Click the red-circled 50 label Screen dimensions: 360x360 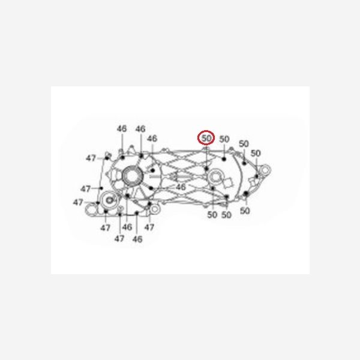(206, 138)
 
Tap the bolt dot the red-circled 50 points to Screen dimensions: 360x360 (206, 169)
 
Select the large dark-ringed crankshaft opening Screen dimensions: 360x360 (133, 176)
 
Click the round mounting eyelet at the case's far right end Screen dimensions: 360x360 (265, 170)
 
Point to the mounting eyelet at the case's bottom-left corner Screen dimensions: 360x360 (91, 209)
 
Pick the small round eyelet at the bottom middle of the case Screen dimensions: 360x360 (155, 209)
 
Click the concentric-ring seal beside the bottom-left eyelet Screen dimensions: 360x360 (110, 200)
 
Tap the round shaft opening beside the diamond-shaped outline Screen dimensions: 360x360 (216, 177)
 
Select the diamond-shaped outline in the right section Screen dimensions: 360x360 (228, 183)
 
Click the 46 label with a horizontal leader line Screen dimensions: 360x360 (181, 187)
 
